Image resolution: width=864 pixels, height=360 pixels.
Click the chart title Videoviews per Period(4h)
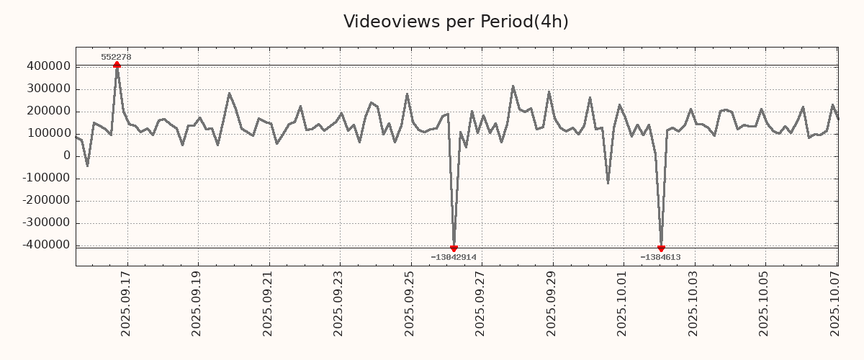coord(456,22)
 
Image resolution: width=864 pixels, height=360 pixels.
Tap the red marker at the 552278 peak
coord(117,66)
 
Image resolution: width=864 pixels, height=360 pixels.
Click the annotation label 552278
coord(116,57)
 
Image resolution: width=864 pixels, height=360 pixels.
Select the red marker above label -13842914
coord(454,248)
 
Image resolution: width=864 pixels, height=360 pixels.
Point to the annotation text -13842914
coord(454,257)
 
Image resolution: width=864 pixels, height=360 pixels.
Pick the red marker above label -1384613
coord(661,248)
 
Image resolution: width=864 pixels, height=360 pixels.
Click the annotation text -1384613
coord(660,257)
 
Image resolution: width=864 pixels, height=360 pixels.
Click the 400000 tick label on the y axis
coord(48,66)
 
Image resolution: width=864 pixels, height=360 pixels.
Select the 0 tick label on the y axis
coord(67,156)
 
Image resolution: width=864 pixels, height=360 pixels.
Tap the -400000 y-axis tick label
coord(45,245)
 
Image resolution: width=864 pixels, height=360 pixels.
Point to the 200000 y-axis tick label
coord(48,111)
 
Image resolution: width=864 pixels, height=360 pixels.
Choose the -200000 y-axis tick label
coord(45,200)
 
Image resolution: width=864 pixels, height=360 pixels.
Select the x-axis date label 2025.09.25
coord(410,302)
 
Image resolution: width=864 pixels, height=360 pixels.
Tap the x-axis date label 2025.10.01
coord(623,302)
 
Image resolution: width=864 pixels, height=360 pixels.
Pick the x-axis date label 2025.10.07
coord(835,302)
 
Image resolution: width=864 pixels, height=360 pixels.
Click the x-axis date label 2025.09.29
coord(552,302)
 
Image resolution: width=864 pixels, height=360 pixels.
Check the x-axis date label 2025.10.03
coord(693,302)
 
